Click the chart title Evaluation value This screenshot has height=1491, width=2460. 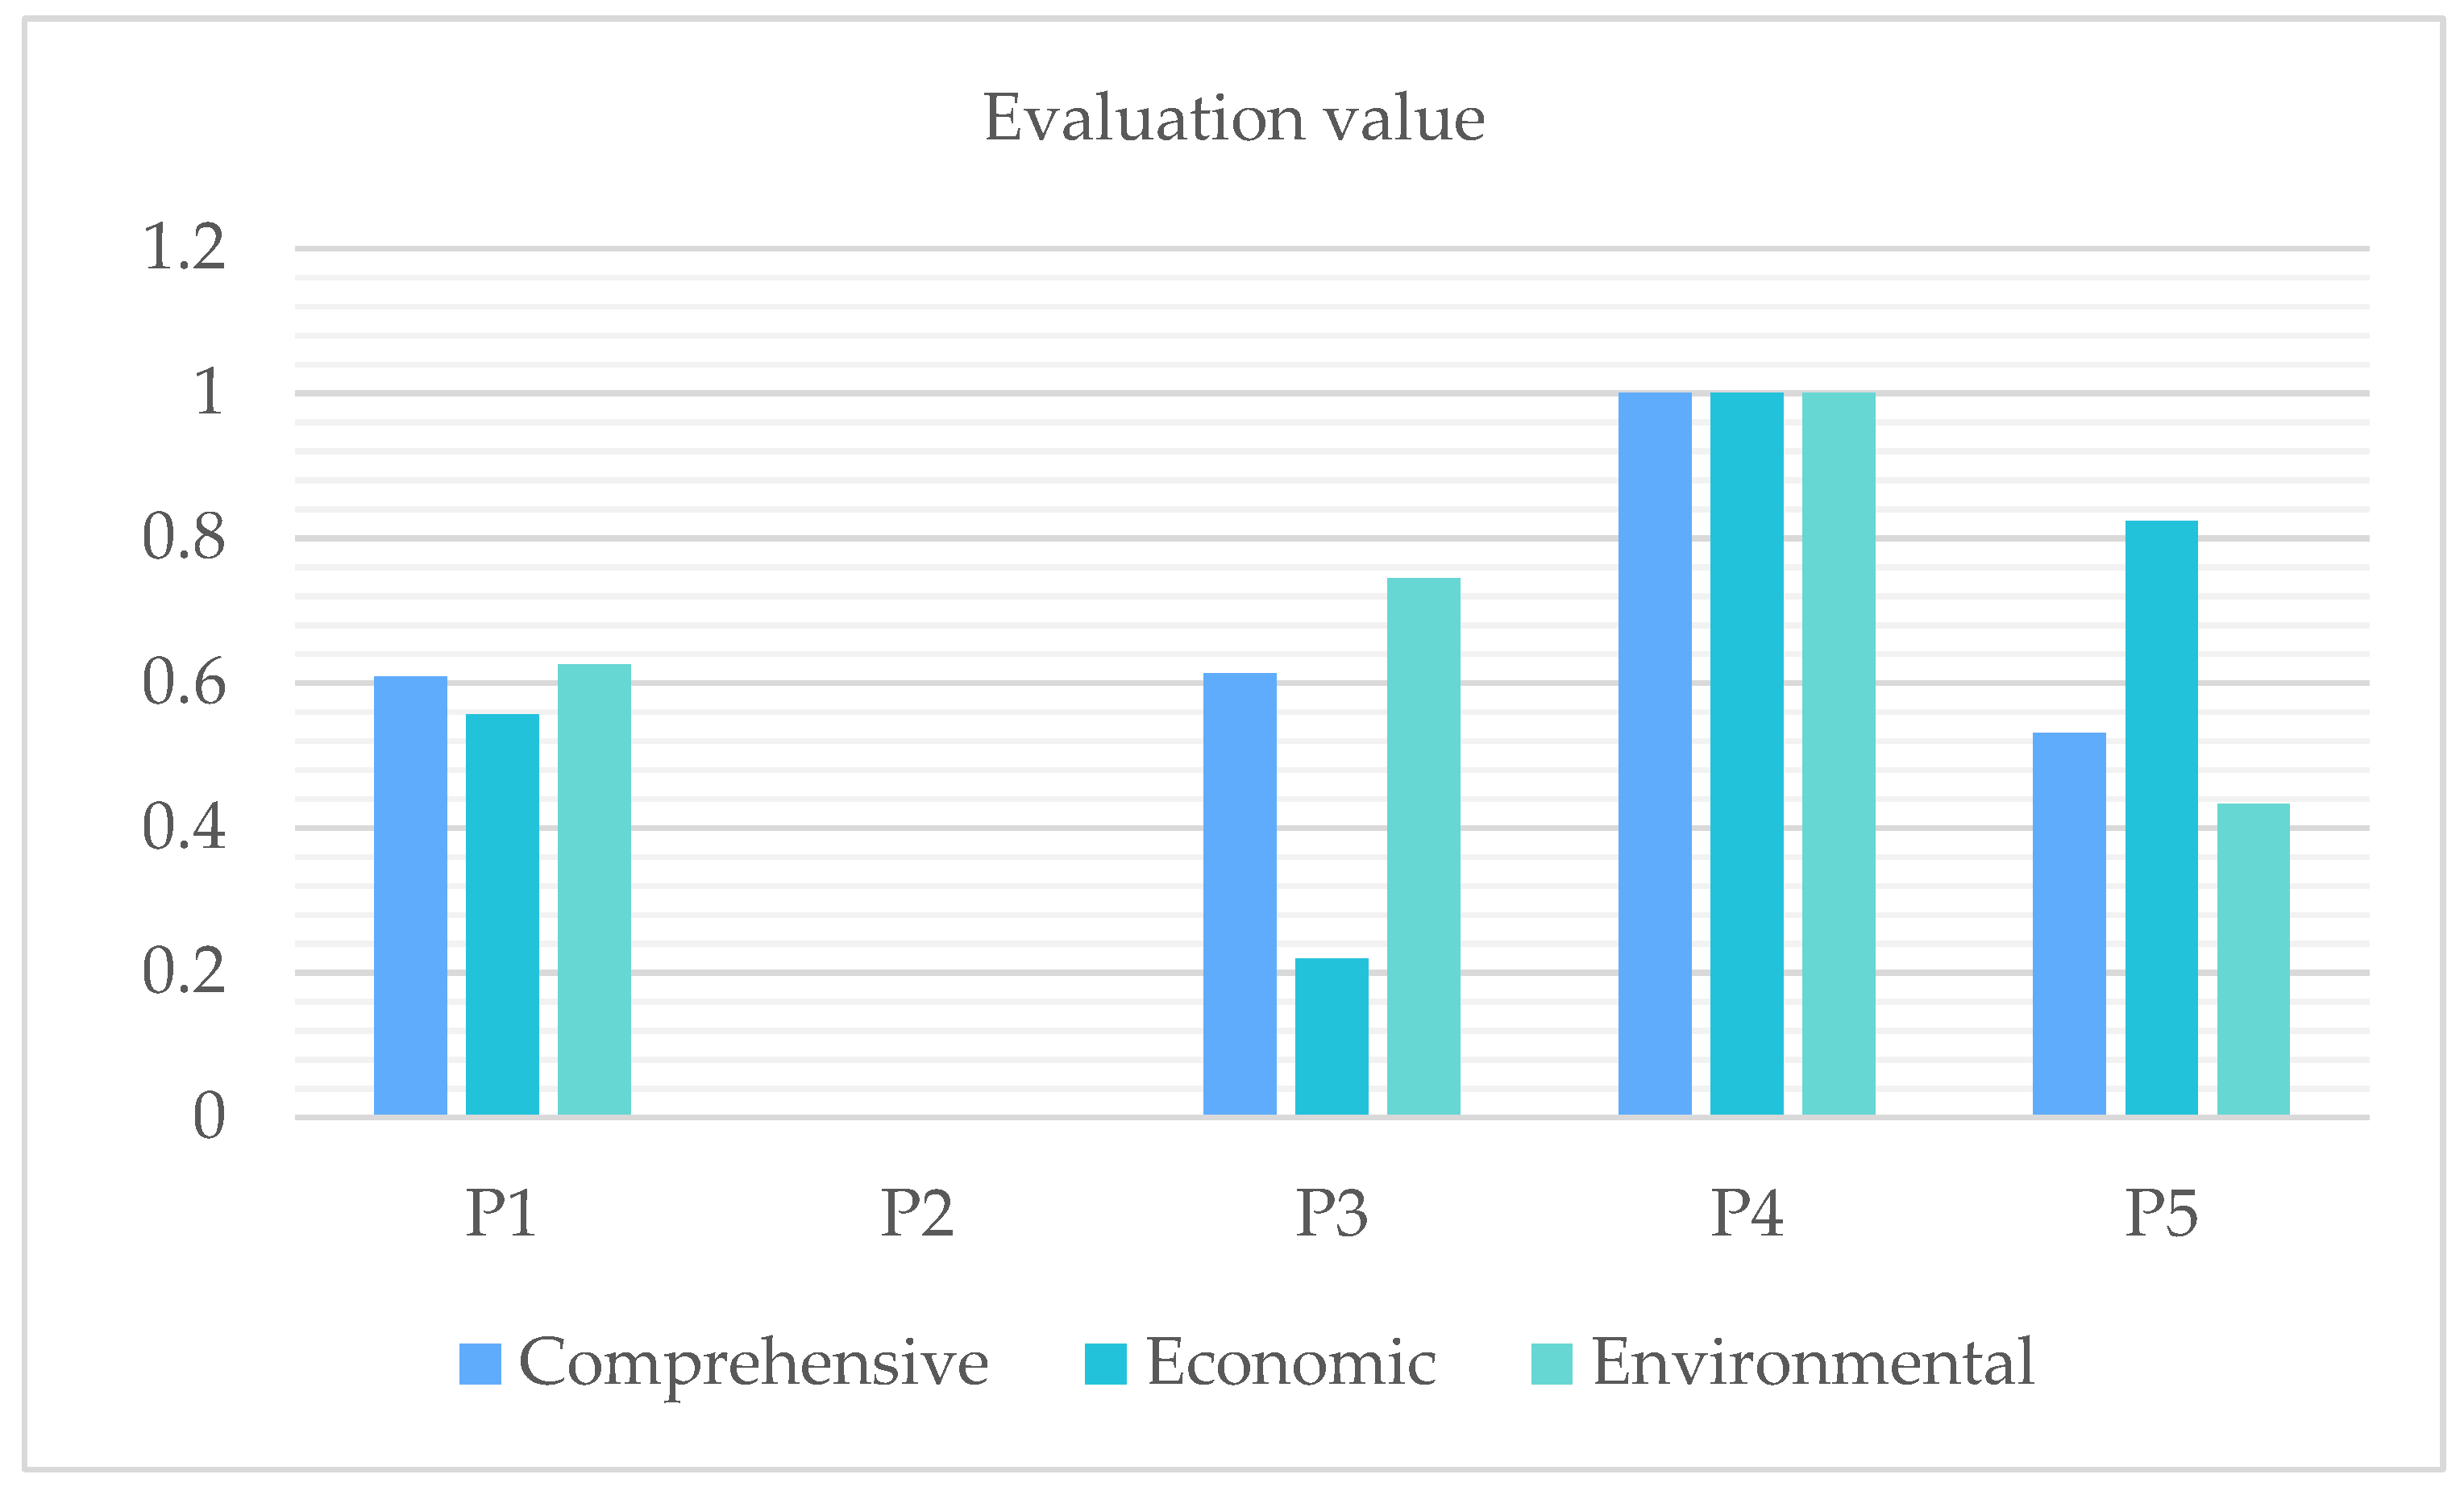(x=1234, y=118)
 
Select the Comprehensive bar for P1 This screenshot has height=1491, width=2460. (x=410, y=895)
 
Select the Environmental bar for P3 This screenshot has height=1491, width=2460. (x=1423, y=846)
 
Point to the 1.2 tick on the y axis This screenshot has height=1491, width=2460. (x=184, y=247)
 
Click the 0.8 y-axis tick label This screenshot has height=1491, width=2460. (x=184, y=537)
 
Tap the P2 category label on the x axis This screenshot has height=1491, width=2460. (x=916, y=1214)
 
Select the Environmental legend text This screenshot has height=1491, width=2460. (x=1812, y=1362)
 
